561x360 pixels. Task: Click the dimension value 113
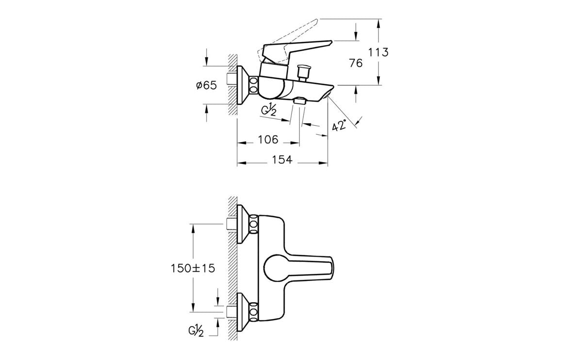379,52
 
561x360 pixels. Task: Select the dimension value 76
356,63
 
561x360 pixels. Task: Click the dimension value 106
267,140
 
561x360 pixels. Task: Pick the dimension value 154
281,160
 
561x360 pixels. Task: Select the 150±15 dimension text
193,268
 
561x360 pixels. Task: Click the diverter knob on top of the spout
304,72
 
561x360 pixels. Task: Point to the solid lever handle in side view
296,49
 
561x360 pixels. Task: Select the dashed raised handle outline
291,29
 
